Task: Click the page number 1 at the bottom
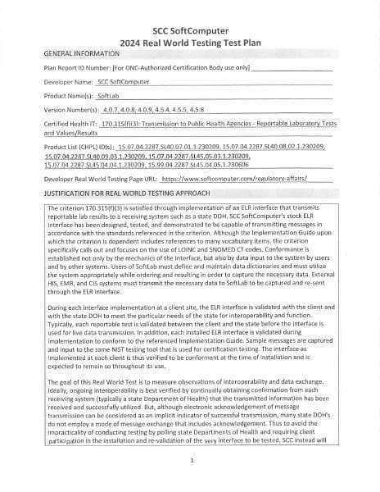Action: tap(190, 461)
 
